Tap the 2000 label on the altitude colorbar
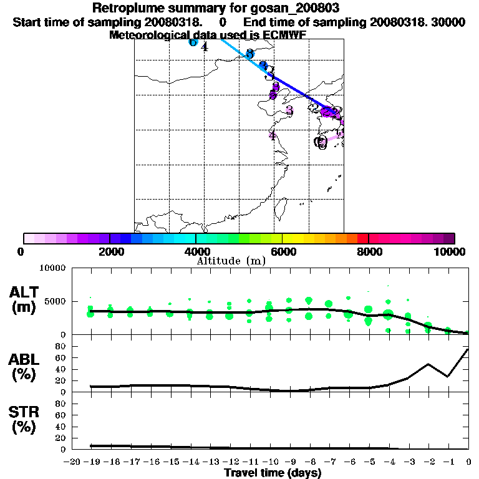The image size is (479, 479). [x=109, y=251]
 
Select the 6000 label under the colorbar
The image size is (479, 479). [x=283, y=251]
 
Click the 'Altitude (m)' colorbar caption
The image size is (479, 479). [x=231, y=261]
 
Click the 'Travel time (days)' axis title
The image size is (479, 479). [x=273, y=473]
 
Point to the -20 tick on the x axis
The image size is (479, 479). [x=74, y=462]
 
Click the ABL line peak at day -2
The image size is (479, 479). [x=428, y=364]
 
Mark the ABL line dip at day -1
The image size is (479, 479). [x=448, y=376]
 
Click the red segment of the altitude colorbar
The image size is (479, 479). [x=362, y=238]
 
